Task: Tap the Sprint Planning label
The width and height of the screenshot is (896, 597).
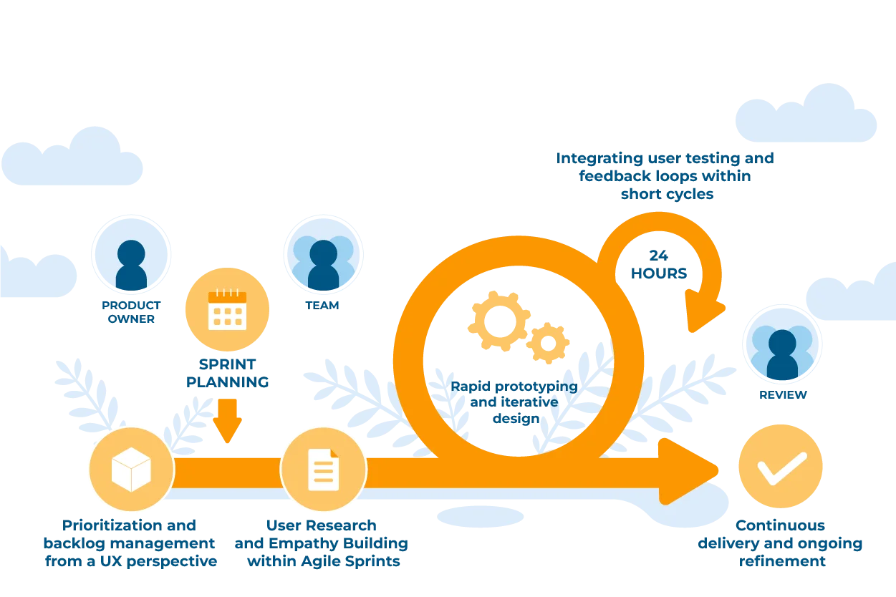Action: click(x=227, y=372)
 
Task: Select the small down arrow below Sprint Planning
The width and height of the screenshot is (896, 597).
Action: click(x=228, y=422)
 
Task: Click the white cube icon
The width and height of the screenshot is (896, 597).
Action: click(x=131, y=470)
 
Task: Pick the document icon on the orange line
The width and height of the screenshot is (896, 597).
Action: click(x=323, y=470)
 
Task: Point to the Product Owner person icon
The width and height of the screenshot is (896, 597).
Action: click(x=131, y=264)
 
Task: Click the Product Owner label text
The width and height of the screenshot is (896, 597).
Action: click(x=130, y=312)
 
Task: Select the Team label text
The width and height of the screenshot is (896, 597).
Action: click(x=323, y=304)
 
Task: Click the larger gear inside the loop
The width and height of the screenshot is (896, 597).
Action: click(x=498, y=321)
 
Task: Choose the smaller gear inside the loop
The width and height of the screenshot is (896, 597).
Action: click(x=549, y=343)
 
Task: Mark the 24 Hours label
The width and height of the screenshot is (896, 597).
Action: click(x=658, y=263)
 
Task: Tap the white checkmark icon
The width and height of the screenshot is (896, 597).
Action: click(x=781, y=467)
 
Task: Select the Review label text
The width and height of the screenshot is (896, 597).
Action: click(x=781, y=394)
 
